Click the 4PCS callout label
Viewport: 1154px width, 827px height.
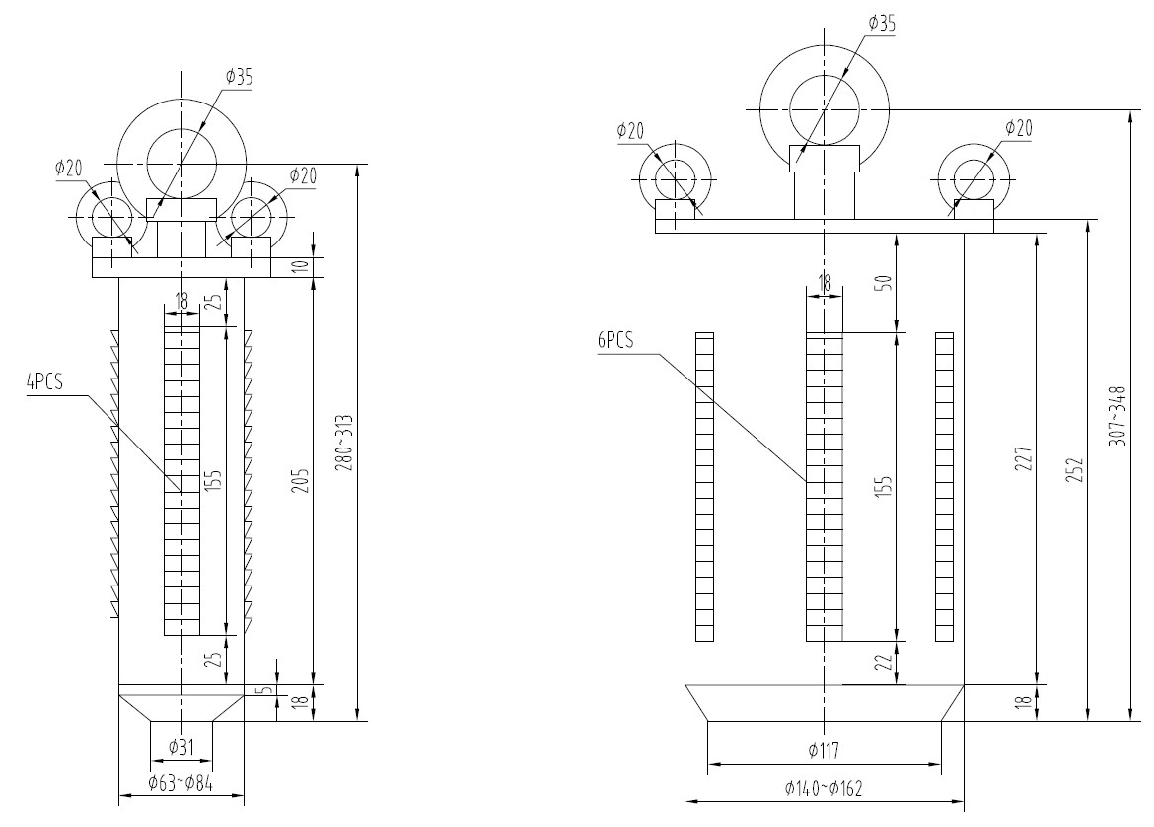tap(45, 381)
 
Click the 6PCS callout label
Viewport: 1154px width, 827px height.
tap(616, 340)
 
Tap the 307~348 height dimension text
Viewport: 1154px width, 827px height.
tap(1118, 416)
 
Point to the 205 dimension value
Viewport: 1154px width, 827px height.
tap(301, 481)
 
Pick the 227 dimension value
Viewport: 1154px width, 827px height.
tap(1023, 458)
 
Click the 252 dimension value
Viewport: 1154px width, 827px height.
tap(1074, 471)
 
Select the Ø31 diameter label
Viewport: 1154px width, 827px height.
tap(180, 748)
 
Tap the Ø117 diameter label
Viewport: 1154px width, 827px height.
tap(824, 751)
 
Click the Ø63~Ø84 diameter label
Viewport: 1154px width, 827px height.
tap(180, 784)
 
